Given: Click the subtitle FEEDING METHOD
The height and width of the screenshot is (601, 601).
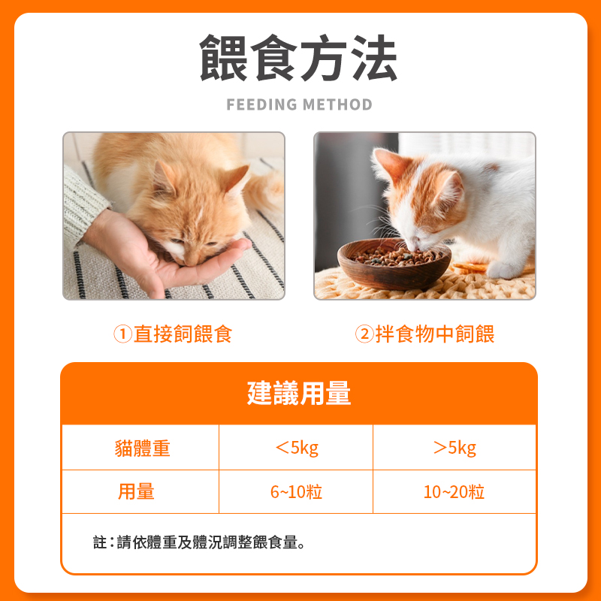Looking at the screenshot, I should coord(299,104).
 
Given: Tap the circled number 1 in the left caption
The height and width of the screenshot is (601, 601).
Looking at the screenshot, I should coord(122,334).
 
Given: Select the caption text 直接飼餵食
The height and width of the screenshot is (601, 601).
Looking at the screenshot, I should coord(183,334).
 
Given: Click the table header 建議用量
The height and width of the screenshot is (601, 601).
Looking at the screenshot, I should coord(299,394).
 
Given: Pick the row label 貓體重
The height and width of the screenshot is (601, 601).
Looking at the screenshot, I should coord(142,448).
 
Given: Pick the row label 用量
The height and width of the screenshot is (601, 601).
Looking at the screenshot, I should coord(136,492).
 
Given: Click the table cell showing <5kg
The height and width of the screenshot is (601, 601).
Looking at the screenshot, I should coord(297,448).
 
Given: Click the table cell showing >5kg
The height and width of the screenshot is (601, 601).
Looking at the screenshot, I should coord(455,448).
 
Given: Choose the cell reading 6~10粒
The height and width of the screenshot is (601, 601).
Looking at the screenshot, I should coord(297,492).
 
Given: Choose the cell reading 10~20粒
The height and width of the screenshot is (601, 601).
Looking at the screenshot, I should coord(454,492).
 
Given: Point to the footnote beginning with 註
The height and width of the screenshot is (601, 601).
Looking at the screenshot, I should coord(199,542).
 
